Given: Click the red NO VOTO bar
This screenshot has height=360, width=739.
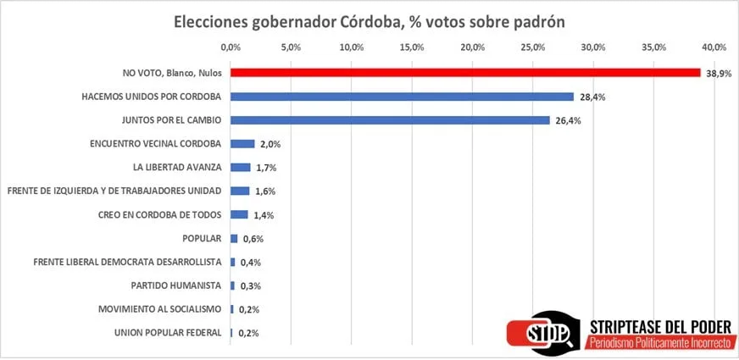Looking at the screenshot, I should (464, 73).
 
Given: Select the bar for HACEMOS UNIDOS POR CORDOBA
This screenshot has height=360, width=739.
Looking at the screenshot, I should (402, 97).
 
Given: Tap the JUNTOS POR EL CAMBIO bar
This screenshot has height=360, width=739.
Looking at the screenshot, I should (390, 120).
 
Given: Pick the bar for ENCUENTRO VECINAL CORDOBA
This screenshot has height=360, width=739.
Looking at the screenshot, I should (242, 144).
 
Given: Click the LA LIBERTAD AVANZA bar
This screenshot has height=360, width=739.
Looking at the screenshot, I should (241, 168).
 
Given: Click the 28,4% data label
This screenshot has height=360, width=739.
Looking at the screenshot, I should (591, 97).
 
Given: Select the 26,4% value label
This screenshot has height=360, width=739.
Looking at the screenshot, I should (567, 121).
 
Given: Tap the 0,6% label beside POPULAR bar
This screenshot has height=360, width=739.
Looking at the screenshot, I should (252, 239).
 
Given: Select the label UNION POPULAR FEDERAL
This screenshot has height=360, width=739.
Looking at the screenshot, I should (168, 333).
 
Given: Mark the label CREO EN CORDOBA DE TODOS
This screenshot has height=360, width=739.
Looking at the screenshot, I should (161, 215).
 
